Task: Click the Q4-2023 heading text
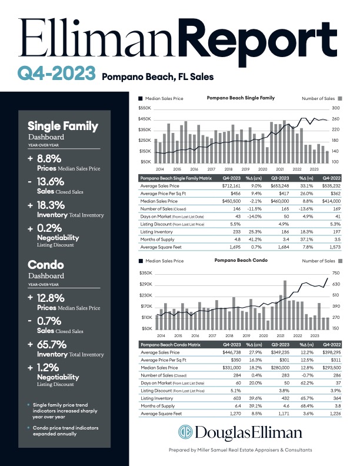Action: point(56,74)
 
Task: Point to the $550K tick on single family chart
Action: point(144,108)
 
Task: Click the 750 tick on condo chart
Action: point(336,274)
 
